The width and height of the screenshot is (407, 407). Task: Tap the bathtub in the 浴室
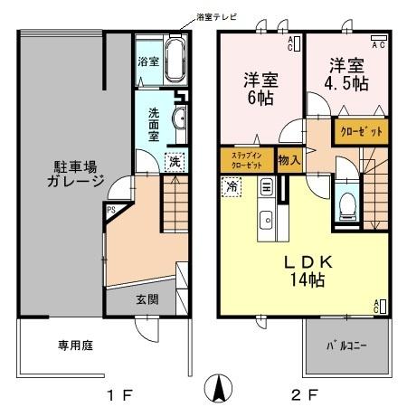click(x=175, y=61)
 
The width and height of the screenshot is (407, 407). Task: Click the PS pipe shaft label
click(x=110, y=213)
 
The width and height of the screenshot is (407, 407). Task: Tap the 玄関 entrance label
click(x=147, y=298)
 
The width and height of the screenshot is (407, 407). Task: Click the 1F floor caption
click(x=120, y=394)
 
